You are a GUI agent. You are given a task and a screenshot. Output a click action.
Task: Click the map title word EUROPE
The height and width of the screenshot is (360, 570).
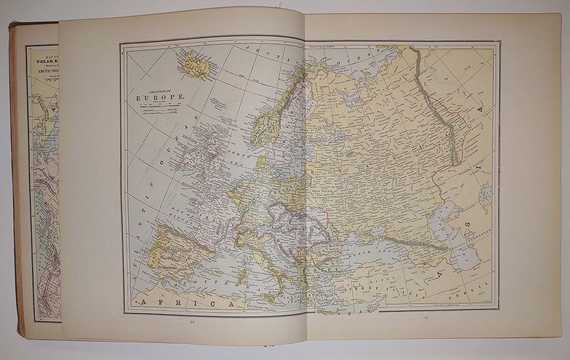[x=159, y=97]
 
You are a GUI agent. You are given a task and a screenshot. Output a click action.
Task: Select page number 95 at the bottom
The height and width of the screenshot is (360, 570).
[x=425, y=318]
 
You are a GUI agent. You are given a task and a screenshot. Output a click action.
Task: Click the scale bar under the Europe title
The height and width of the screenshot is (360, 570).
[x=159, y=105]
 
